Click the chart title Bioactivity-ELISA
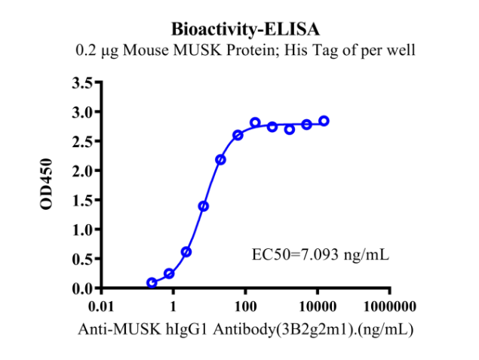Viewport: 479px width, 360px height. click(x=245, y=29)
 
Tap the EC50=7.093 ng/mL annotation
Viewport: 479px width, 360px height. click(x=321, y=254)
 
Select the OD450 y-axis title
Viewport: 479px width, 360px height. click(x=47, y=184)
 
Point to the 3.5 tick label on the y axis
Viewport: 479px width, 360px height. click(x=82, y=82)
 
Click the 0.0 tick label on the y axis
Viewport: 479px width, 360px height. click(x=82, y=288)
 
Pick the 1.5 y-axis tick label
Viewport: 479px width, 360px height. click(x=82, y=200)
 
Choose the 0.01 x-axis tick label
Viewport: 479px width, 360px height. click(x=101, y=306)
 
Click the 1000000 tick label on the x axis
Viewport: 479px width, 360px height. click(x=390, y=306)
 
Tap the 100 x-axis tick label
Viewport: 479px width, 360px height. click(x=246, y=306)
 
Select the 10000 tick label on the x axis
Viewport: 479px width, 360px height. click(x=318, y=306)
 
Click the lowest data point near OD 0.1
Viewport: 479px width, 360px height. click(x=152, y=283)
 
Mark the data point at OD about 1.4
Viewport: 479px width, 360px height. click(x=204, y=207)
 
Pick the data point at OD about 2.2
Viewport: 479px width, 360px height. click(x=220, y=160)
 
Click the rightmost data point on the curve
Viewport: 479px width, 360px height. click(x=324, y=121)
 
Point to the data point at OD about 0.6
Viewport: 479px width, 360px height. click(x=186, y=252)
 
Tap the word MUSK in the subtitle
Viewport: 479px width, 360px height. click(x=198, y=50)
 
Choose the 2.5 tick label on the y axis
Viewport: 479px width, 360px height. click(x=82, y=141)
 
